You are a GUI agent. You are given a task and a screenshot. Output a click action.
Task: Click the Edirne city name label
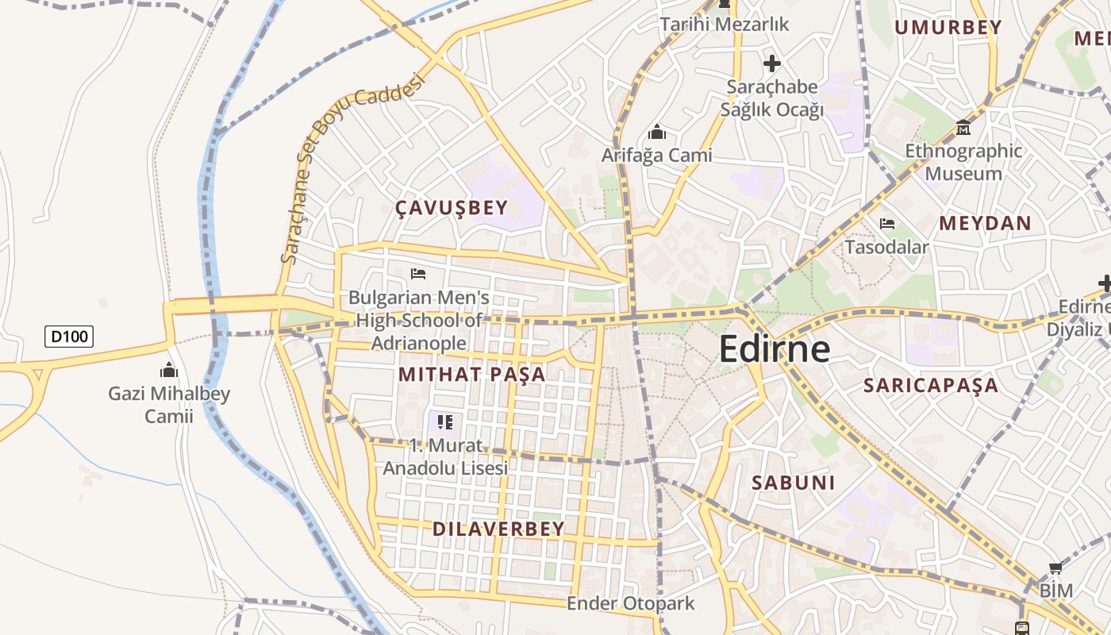pos(775,350)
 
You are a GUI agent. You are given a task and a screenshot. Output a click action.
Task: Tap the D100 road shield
pos(69,337)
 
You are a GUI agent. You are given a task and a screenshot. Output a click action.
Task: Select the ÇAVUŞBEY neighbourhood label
pos(452,208)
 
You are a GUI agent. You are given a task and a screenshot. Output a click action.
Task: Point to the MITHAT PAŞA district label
pos(472,374)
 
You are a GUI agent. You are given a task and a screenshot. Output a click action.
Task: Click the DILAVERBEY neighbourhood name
pos(498,529)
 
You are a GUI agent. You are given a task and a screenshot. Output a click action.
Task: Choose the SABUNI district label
pos(794,482)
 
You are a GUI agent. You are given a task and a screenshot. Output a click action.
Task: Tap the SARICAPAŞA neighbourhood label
pos(931,386)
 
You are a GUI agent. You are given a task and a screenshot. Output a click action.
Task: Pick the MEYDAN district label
pos(985,223)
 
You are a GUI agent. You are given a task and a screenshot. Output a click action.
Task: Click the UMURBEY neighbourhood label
pos(948,28)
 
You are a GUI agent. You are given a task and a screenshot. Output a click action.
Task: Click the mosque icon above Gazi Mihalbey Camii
pos(169,370)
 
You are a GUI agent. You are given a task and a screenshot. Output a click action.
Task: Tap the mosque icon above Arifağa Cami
pos(657,132)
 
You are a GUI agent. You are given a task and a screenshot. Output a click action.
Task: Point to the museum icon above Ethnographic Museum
pos(963,127)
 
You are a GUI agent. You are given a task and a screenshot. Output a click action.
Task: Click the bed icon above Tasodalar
pos(887,224)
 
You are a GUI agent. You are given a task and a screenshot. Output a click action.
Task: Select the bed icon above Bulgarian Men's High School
pos(418,274)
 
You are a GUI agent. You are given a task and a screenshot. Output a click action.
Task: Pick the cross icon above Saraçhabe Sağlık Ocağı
pos(771,63)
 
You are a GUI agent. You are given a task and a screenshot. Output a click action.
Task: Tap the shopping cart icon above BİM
pos(1055,568)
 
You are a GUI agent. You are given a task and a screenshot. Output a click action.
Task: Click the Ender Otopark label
pos(630,603)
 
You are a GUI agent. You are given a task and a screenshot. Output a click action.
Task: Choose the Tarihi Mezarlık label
pos(725,25)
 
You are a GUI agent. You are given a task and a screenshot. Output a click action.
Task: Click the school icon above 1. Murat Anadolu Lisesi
pos(445,421)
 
